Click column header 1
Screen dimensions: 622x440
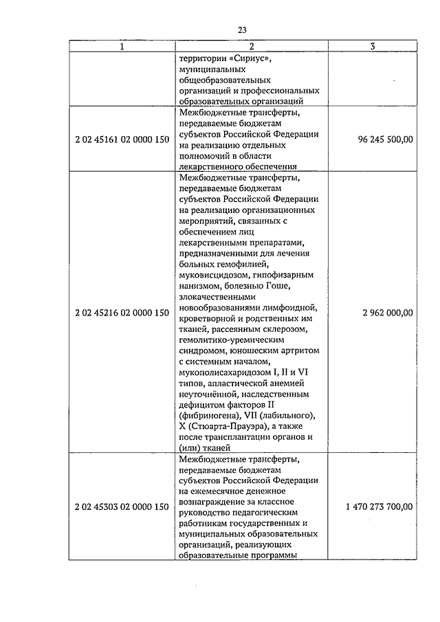tap(122, 47)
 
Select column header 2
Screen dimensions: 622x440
tap(252, 47)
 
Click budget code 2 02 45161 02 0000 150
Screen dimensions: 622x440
tap(122, 140)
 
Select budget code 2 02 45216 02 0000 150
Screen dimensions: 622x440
tap(122, 313)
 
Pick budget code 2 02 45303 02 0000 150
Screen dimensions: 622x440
tap(122, 507)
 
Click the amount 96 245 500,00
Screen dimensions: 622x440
tap(386, 140)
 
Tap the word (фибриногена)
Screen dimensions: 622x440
tap(208, 415)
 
